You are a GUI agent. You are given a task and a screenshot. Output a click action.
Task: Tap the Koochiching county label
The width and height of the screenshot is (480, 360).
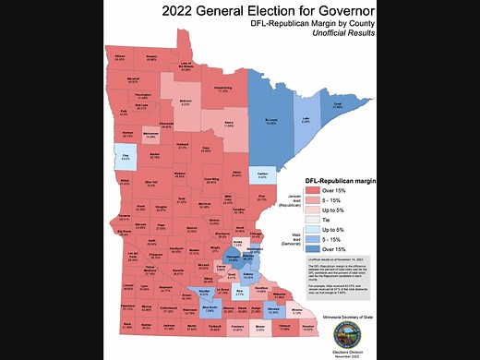click(222, 90)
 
